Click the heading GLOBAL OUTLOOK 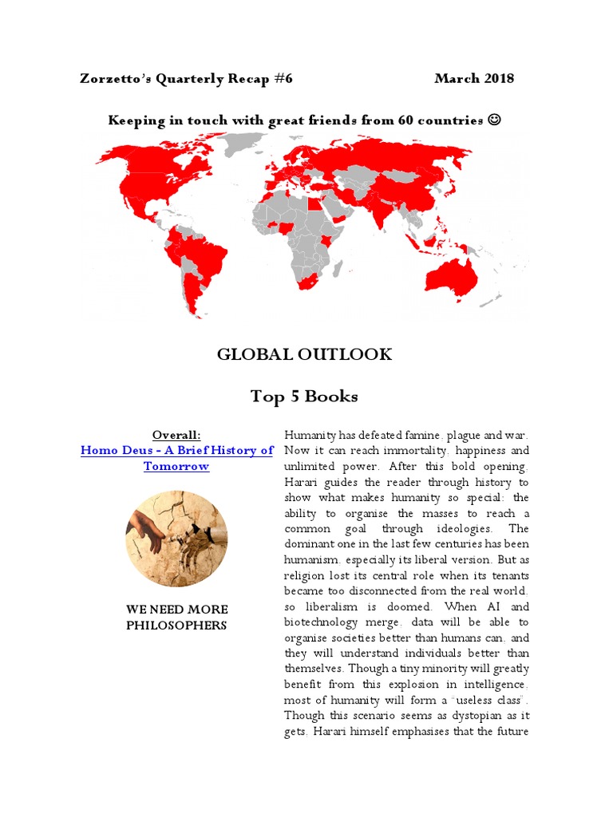(x=304, y=354)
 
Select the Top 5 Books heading (x=304, y=396)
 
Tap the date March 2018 (x=474, y=78)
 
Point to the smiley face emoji (x=495, y=120)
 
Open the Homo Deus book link (x=176, y=451)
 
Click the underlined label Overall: (x=176, y=435)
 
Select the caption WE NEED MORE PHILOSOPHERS (x=176, y=618)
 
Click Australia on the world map (x=452, y=275)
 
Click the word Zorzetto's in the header (x=118, y=78)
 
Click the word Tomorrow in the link (x=176, y=466)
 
